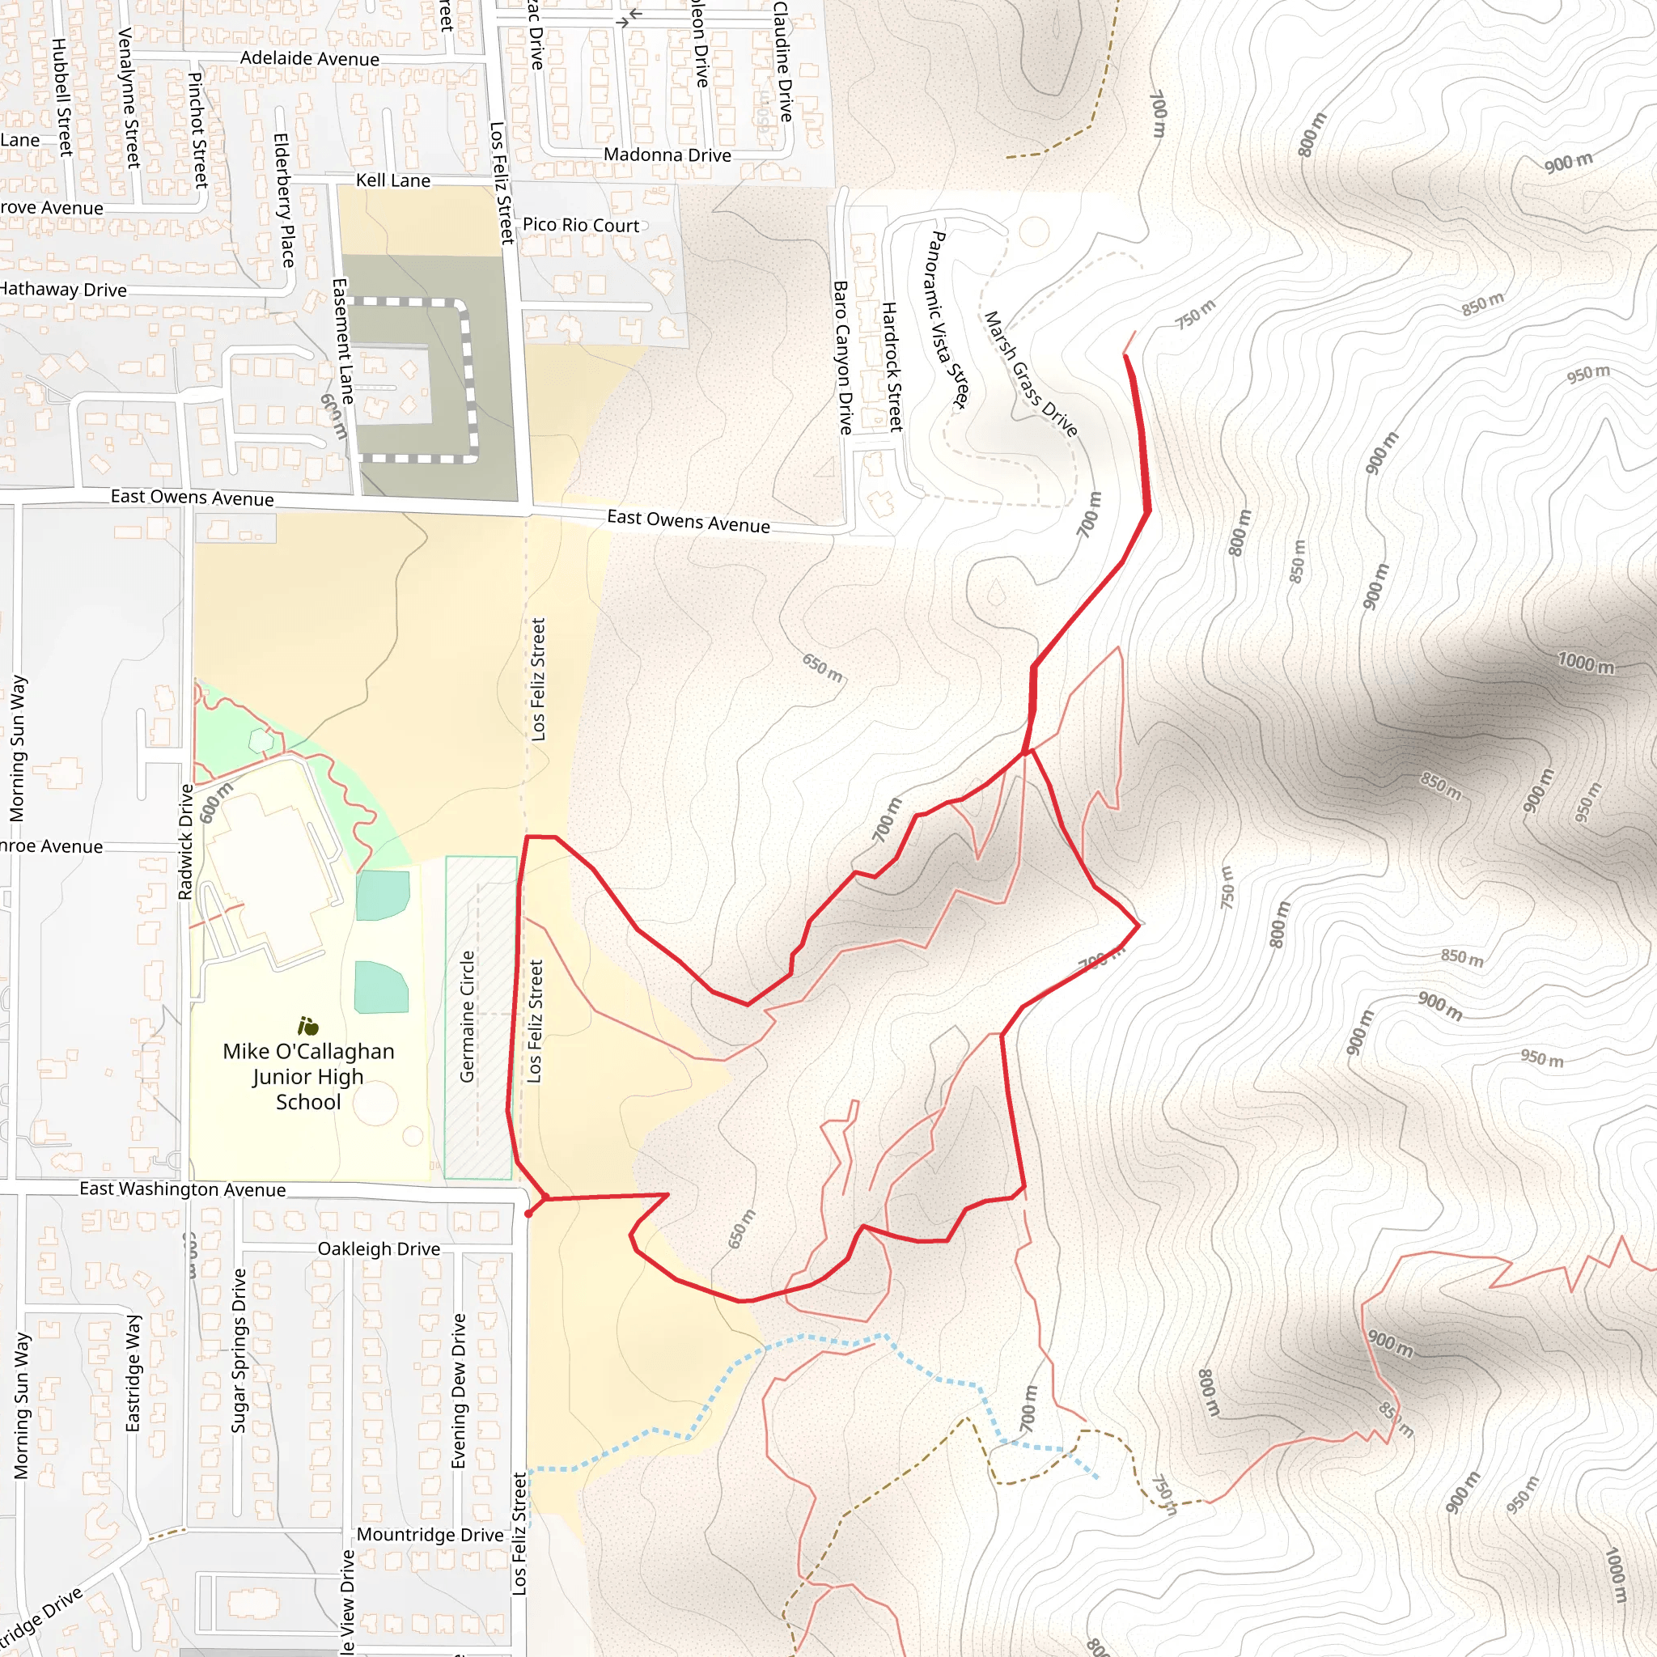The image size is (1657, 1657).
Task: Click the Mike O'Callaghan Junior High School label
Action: pos(308,1076)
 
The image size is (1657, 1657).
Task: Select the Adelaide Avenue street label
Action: pos(310,58)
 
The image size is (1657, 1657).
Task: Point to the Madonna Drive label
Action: pos(667,155)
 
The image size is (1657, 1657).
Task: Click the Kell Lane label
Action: pos(392,180)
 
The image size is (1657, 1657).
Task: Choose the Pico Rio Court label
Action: pos(581,225)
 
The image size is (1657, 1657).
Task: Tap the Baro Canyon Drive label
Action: pos(842,358)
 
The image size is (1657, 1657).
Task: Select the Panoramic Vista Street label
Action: pos(948,320)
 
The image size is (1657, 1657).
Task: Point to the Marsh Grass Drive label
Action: pos(1030,374)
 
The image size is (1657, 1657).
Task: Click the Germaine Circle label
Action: pos(468,1016)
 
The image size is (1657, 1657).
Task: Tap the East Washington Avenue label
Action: pos(183,1189)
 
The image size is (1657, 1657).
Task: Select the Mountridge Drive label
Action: pos(430,1534)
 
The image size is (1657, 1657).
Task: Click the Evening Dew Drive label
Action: pos(459,1391)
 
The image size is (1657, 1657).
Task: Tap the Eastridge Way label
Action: pos(133,1372)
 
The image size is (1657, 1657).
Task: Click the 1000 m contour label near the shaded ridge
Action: pos(1585,663)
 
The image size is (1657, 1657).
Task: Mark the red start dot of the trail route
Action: pos(528,1214)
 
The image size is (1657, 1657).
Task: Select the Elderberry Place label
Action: pos(283,200)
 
